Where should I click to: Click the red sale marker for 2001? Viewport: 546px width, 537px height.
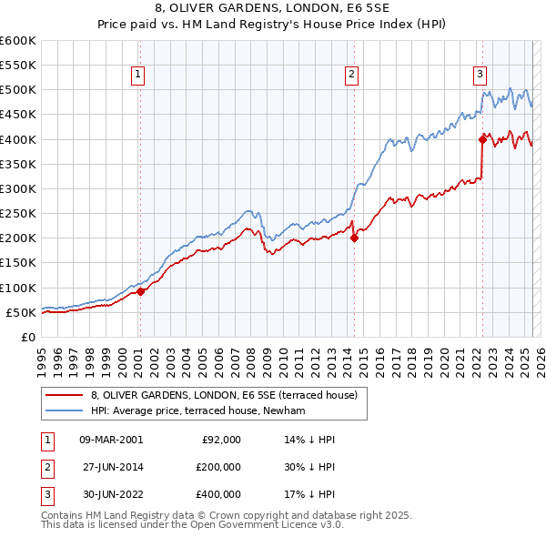pos(140,291)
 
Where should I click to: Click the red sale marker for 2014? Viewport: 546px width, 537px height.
pos(354,238)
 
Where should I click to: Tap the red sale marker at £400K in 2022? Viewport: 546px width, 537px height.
pos(482,139)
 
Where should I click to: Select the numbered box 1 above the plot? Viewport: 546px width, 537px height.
pos(137,76)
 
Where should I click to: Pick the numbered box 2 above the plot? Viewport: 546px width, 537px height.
pos(351,76)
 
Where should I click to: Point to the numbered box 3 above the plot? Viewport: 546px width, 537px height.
pos(480,76)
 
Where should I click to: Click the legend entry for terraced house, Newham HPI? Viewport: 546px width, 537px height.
pos(201,410)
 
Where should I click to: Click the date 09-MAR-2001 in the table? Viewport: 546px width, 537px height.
pos(111,439)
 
